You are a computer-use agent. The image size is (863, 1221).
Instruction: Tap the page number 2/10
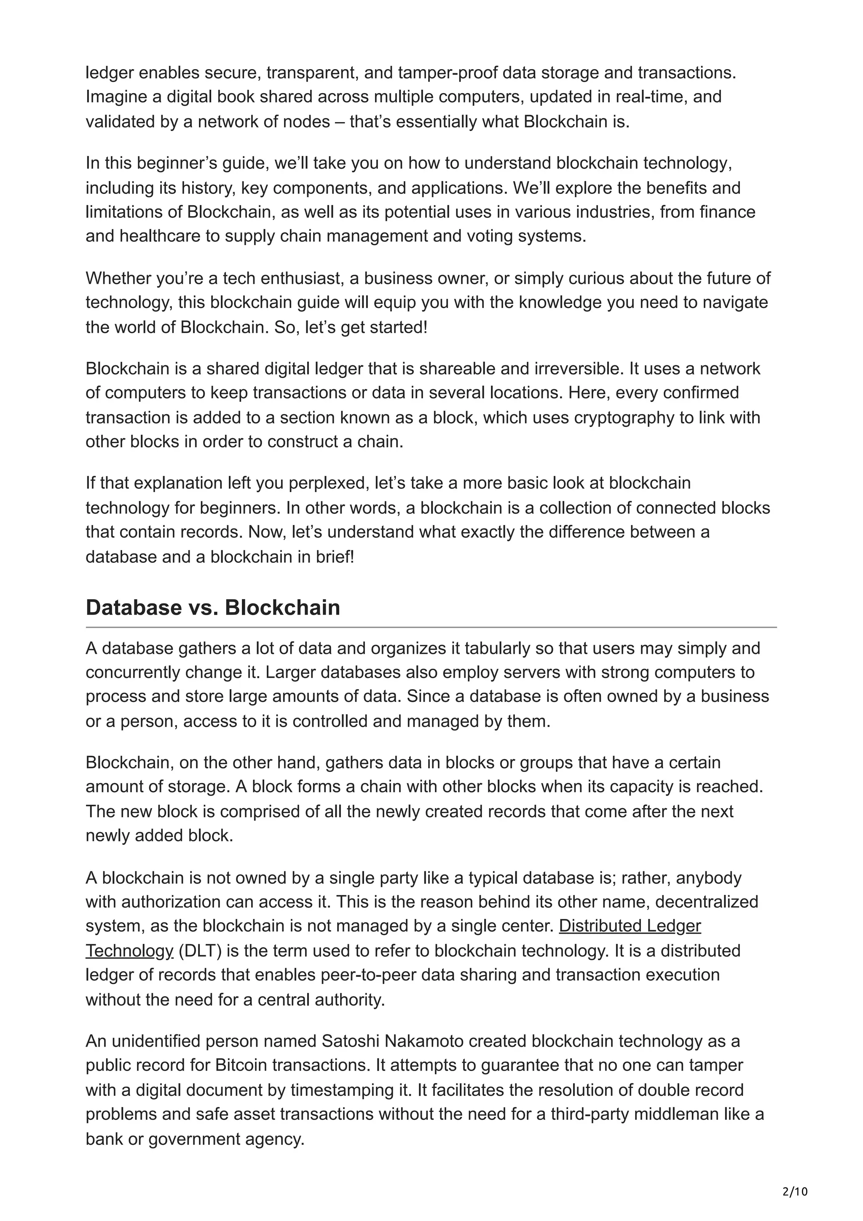coord(795,1176)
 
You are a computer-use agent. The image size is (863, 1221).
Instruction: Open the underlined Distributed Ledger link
coord(630,926)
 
